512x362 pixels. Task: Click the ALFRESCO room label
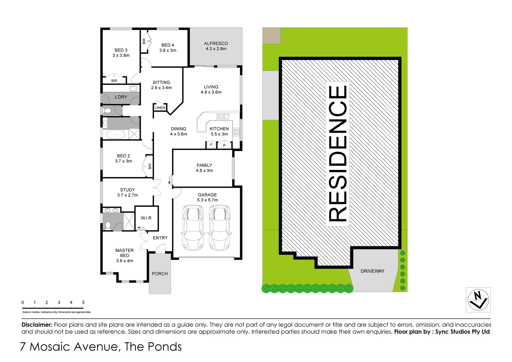[216, 44]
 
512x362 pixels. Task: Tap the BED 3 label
[121, 50]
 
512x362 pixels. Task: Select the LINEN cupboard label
[160, 108]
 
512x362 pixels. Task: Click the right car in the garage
[219, 228]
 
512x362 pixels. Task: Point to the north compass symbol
[478, 300]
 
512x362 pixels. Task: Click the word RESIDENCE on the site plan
[338, 154]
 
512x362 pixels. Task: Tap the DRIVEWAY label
[373, 271]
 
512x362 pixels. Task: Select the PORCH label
[160, 274]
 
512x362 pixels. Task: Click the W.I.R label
[146, 218]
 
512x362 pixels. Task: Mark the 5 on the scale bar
[83, 302]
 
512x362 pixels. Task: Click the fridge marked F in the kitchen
[211, 145]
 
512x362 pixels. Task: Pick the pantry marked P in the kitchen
[224, 145]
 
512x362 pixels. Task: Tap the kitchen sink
[223, 117]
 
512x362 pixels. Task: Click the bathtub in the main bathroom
[116, 135]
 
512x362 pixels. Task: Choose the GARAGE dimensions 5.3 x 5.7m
[207, 200]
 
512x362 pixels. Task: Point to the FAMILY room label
[204, 165]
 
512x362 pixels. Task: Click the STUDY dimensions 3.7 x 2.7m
[127, 195]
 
